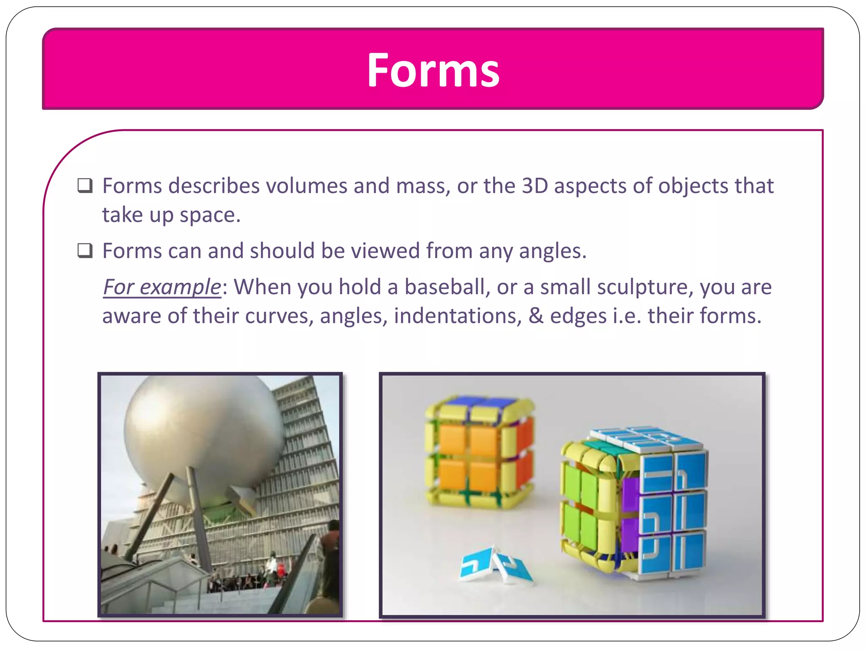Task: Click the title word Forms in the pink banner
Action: (x=433, y=70)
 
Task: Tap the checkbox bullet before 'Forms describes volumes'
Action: (x=85, y=186)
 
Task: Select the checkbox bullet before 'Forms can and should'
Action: (x=85, y=251)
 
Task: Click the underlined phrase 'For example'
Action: (x=162, y=287)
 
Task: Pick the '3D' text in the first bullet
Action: (x=534, y=186)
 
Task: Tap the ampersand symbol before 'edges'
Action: (x=536, y=316)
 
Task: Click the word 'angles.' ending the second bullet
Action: (x=553, y=251)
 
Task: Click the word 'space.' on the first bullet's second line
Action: (x=210, y=215)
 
